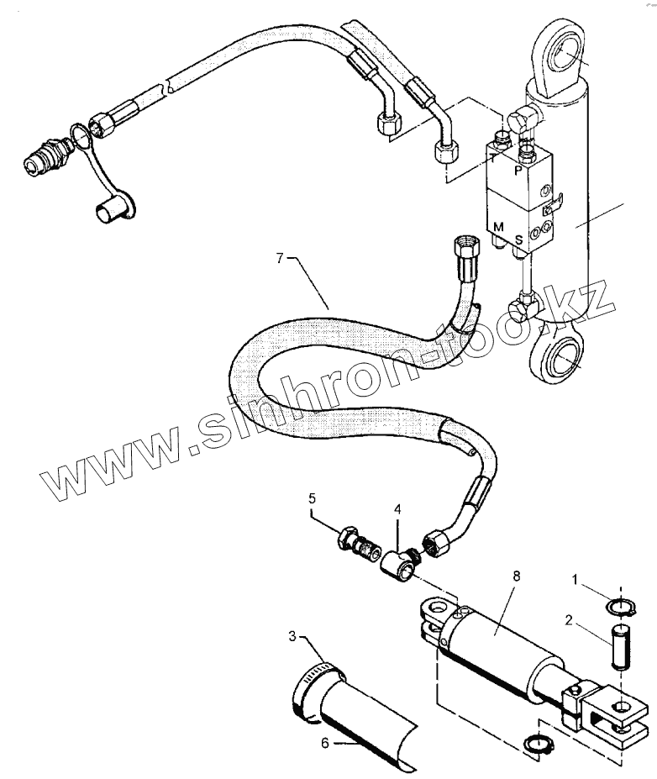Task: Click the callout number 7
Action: pyautogui.click(x=281, y=257)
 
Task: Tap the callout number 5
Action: pyautogui.click(x=312, y=499)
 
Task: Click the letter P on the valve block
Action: pyautogui.click(x=517, y=168)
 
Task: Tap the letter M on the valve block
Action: pyautogui.click(x=498, y=227)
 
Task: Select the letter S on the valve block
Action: pyautogui.click(x=518, y=239)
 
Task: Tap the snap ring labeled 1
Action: pyautogui.click(x=618, y=606)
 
